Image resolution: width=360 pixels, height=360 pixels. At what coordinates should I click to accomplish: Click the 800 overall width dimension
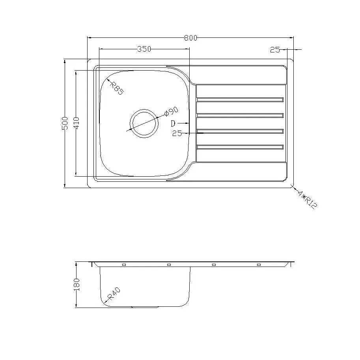tap(190, 38)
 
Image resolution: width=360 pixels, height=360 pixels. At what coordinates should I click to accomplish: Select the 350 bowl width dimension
tap(144, 49)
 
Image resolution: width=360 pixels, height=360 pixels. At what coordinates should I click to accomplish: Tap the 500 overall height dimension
tap(65, 123)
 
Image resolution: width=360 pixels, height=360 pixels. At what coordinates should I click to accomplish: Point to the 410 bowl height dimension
tap(76, 123)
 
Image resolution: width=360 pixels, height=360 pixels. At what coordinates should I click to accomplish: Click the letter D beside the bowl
tap(173, 123)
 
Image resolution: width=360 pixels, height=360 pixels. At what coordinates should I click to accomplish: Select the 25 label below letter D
tap(177, 133)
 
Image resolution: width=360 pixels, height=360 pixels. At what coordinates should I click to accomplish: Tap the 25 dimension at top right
tap(275, 50)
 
